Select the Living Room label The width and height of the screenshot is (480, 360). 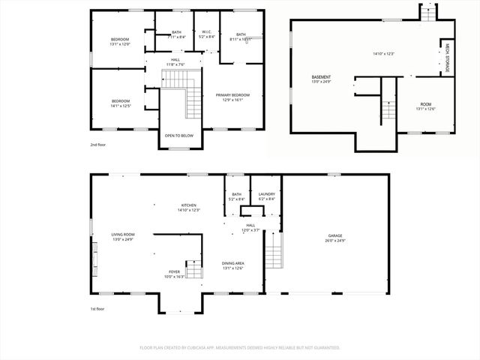pos(123,237)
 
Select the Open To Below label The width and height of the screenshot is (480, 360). pos(179,136)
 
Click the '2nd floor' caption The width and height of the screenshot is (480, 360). pos(97,144)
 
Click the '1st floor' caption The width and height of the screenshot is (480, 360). pos(97,308)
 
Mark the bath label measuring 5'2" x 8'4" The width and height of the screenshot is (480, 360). pos(235,196)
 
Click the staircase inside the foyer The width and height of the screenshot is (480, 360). pos(193,270)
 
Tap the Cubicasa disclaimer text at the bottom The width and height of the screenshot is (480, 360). pos(240,347)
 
